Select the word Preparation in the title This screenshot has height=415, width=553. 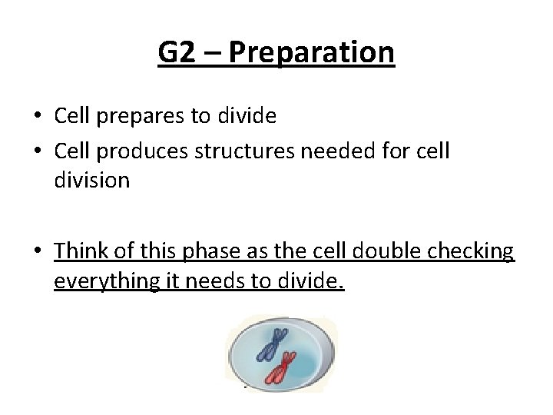point(311,53)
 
